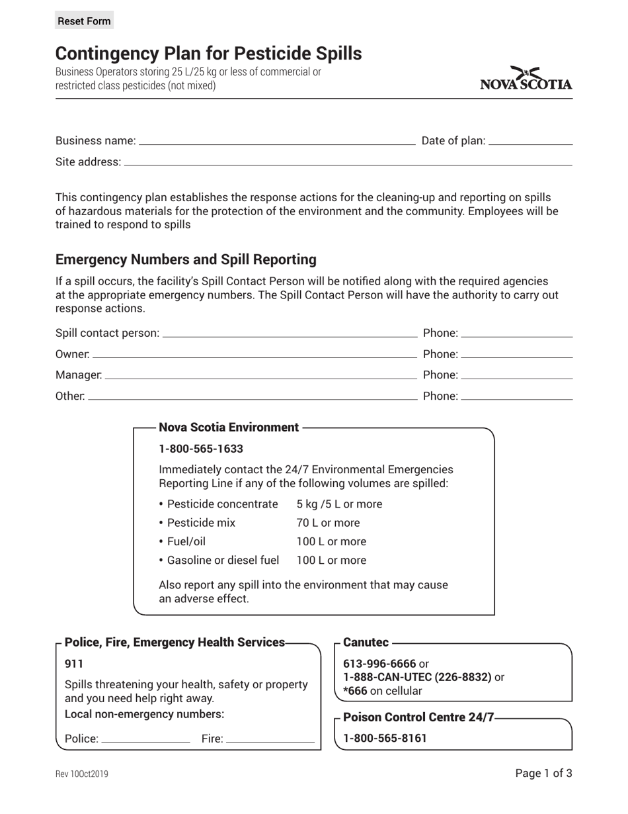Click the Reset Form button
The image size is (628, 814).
[x=84, y=21]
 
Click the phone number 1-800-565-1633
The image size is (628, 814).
[x=201, y=449]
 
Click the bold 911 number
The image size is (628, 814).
[x=74, y=664]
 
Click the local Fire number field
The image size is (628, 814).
[x=270, y=738]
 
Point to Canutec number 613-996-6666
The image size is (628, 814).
[x=379, y=664]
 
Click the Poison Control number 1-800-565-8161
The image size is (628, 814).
[x=385, y=738]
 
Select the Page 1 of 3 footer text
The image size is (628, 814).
[x=543, y=773]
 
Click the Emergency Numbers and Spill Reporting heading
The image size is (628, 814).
[x=186, y=259]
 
